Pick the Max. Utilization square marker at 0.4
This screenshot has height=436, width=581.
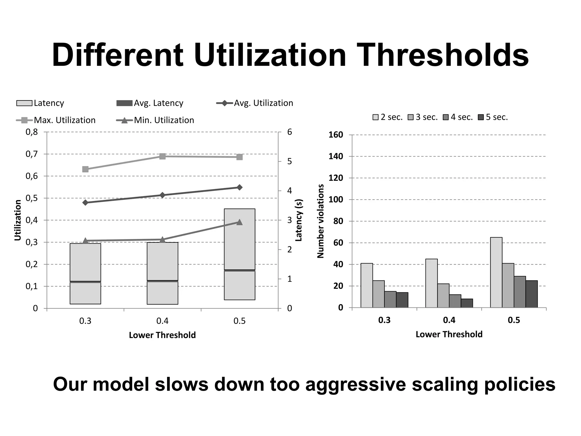pyautogui.click(x=162, y=156)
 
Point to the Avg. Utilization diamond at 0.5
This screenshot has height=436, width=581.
pyautogui.click(x=239, y=187)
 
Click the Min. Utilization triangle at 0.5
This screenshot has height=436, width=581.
pyautogui.click(x=239, y=222)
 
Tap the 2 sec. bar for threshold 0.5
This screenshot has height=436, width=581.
pyautogui.click(x=496, y=272)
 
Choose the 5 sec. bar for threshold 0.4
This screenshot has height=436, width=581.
pyautogui.click(x=467, y=303)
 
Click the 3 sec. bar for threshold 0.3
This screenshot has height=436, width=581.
pyautogui.click(x=378, y=294)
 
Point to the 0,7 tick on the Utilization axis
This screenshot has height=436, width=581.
pyautogui.click(x=31, y=154)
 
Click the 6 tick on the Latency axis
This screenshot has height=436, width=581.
pyautogui.click(x=289, y=132)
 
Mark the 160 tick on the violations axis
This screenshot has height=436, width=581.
pyautogui.click(x=336, y=135)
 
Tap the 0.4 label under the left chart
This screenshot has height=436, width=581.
pyautogui.click(x=162, y=321)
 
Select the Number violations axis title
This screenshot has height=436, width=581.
pyautogui.click(x=321, y=221)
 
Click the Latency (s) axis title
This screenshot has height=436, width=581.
pyautogui.click(x=299, y=220)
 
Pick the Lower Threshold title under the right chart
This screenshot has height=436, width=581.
pyautogui.click(x=449, y=334)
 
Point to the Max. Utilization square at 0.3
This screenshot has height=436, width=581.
pyautogui.click(x=85, y=169)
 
